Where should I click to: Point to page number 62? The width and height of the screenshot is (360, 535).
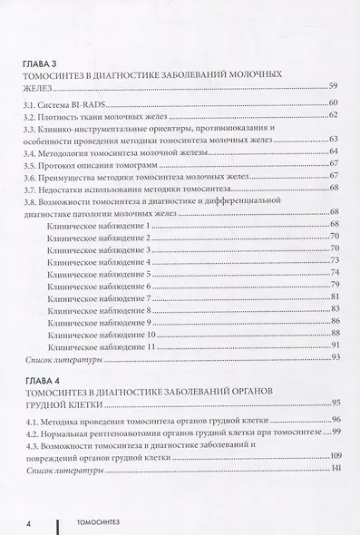(334, 116)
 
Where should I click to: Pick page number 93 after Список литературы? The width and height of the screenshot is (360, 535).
(334, 360)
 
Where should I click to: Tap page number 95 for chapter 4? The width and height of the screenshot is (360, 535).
(334, 401)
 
